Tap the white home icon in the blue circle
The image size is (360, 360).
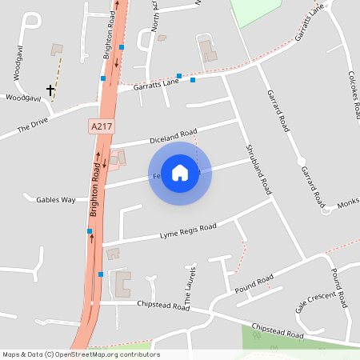[180, 173]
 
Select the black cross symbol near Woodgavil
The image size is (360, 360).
[50, 90]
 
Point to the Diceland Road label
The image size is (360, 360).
[172, 137]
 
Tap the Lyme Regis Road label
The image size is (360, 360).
[188, 231]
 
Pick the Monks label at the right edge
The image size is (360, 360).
[348, 205]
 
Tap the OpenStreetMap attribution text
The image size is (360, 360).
[81, 354]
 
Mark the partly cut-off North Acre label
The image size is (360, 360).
[154, 16]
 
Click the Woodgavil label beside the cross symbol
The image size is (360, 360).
[22, 98]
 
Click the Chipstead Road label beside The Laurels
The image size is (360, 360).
[162, 305]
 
